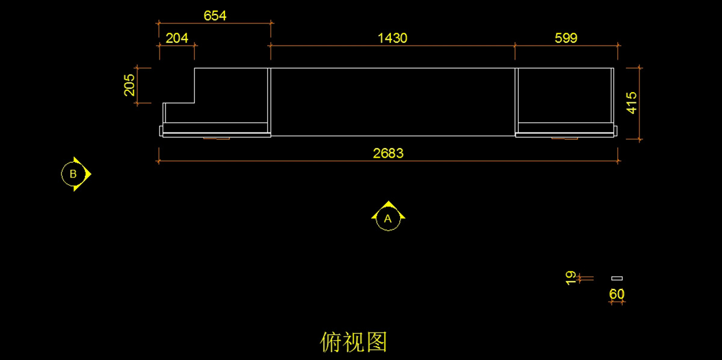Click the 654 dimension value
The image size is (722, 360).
(215, 16)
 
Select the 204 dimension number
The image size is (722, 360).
(177, 38)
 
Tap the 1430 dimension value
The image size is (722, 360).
(392, 38)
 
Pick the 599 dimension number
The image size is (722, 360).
(566, 38)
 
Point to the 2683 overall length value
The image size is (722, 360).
(388, 153)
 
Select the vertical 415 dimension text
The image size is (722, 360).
(631, 103)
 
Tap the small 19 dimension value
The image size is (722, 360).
(571, 278)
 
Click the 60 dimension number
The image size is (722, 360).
(617, 294)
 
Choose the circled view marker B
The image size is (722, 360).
(73, 174)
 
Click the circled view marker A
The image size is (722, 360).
(387, 219)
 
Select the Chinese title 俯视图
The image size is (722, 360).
(354, 342)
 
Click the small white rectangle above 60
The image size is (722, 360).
(617, 278)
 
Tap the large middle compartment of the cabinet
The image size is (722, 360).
(392, 102)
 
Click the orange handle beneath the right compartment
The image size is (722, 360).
(565, 138)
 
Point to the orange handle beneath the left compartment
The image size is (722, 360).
(217, 138)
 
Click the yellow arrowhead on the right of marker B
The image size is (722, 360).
(88, 174)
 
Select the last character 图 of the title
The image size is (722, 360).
(376, 342)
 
